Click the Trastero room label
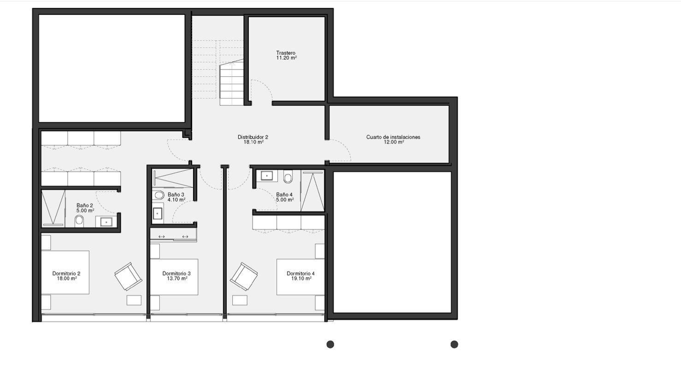286,53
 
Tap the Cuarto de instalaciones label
393,137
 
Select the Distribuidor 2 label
253,137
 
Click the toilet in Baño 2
79,220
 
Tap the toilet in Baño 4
288,176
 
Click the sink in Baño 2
106,222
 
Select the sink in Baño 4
267,175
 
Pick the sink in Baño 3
158,214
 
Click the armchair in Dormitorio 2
128,276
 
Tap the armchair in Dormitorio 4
244,276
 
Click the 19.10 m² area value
301,279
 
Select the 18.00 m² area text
67,279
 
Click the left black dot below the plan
330,344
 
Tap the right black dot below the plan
454,344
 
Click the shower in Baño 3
173,178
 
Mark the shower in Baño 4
312,191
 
